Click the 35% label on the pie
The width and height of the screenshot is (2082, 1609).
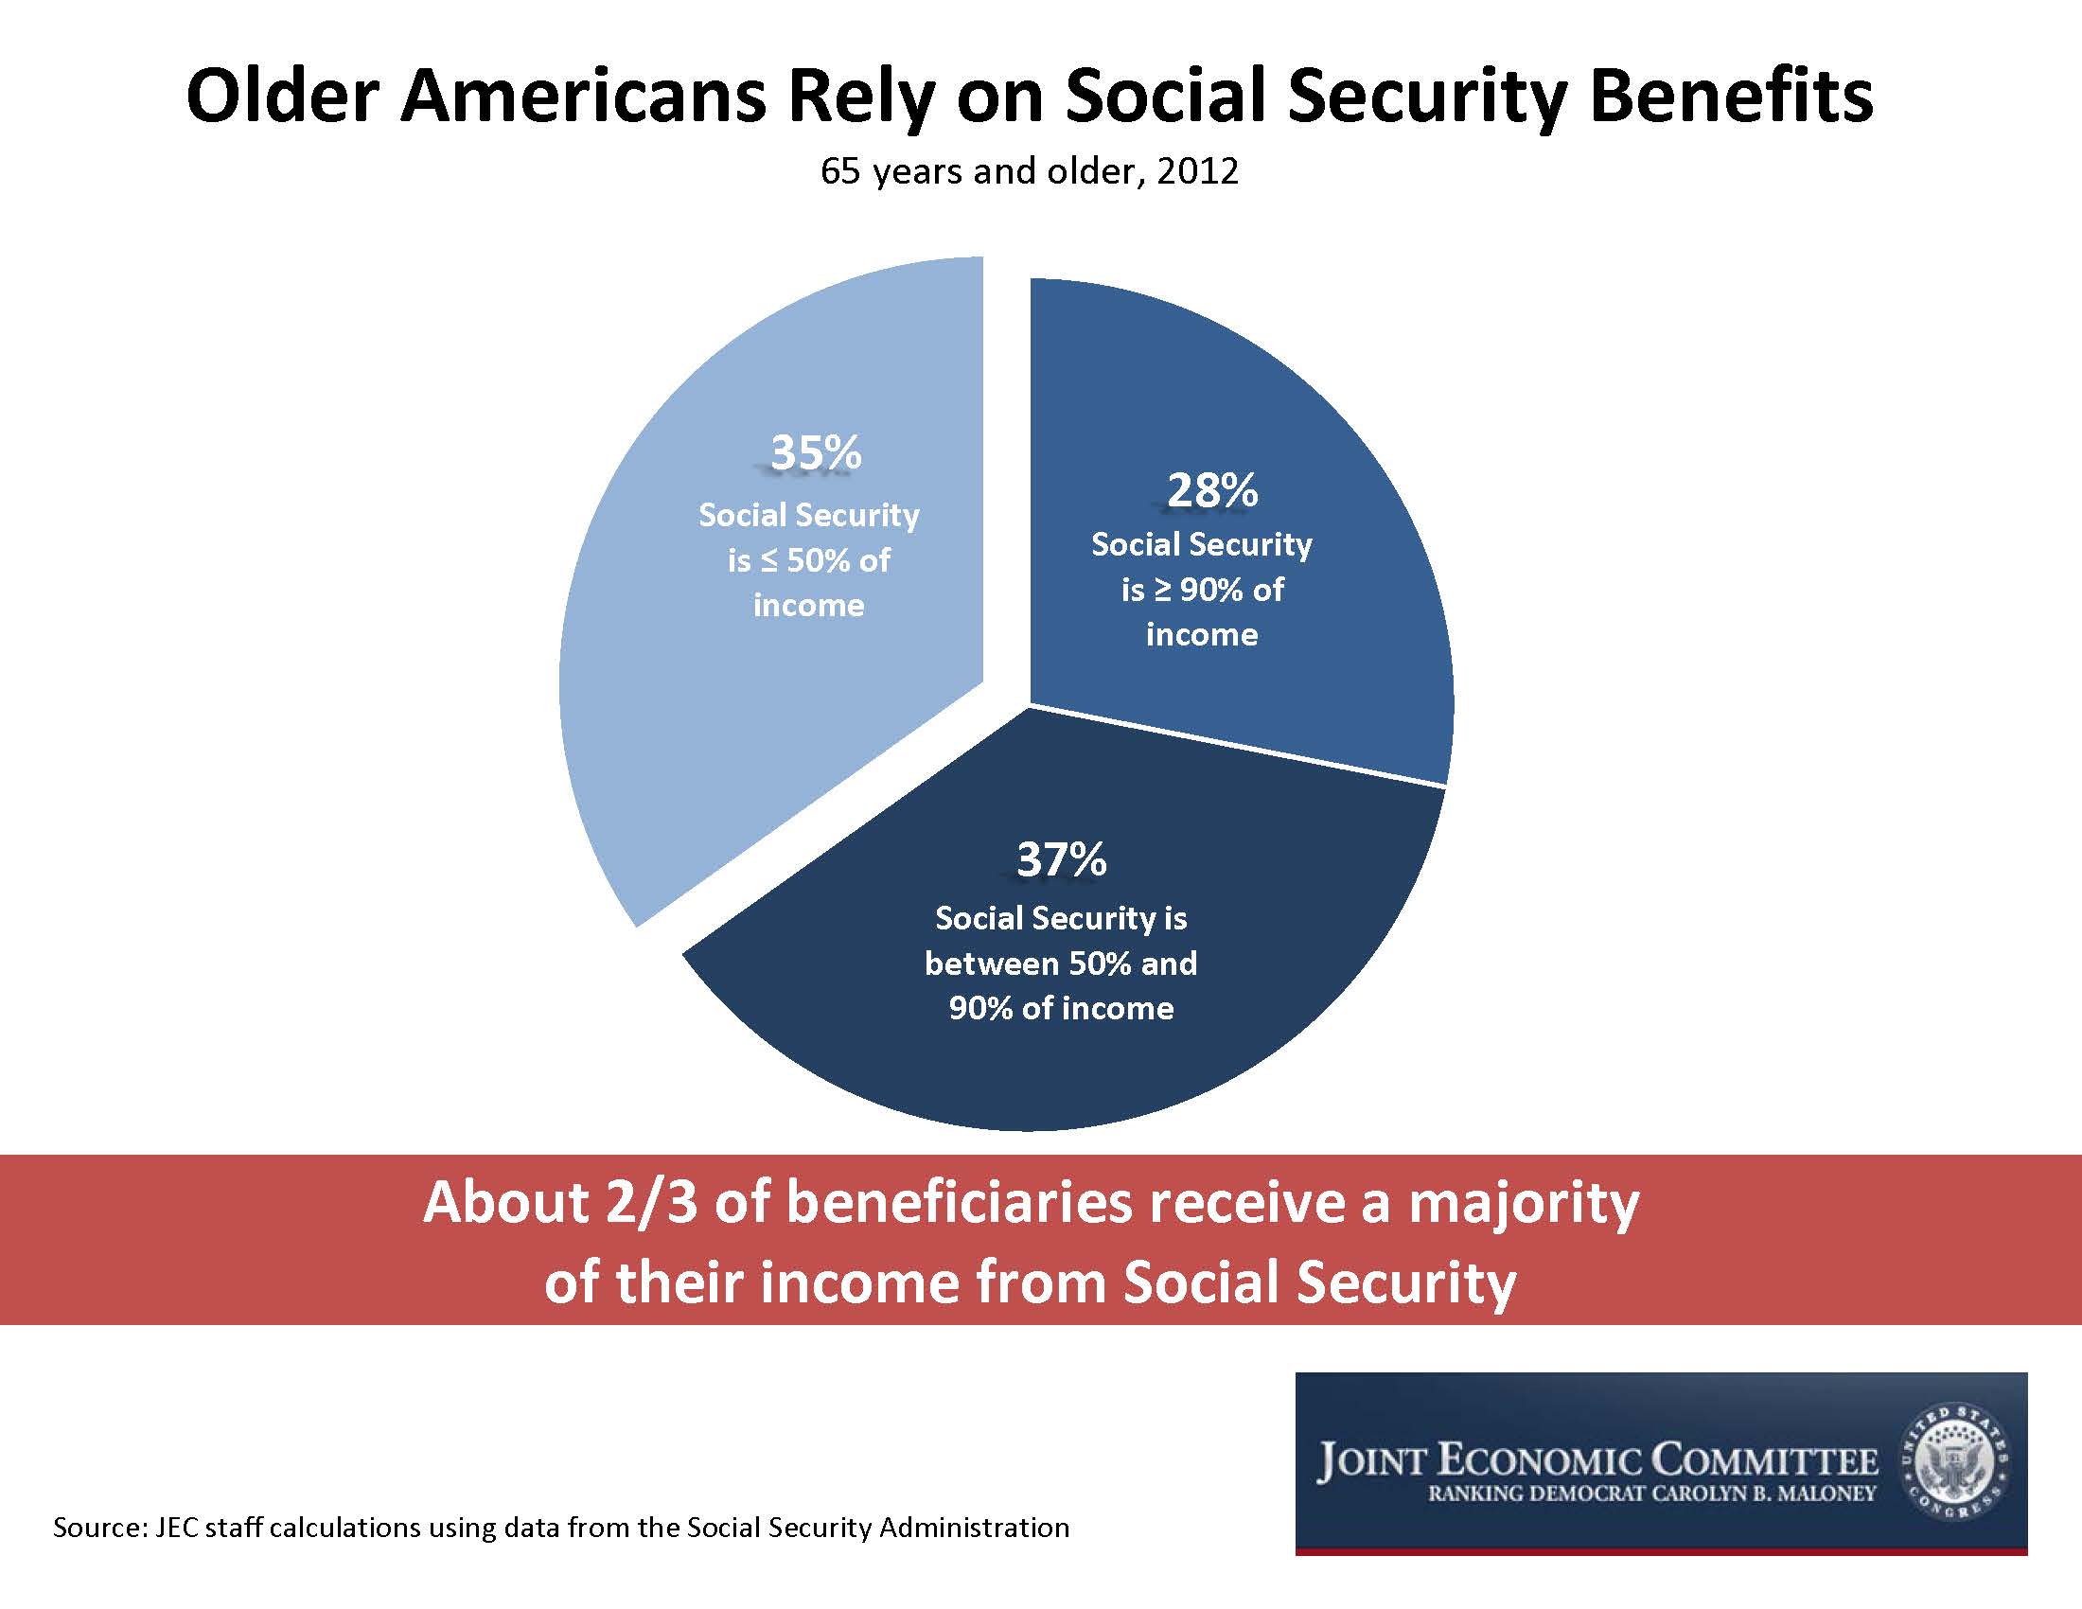[815, 451]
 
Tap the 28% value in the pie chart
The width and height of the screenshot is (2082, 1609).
[1211, 490]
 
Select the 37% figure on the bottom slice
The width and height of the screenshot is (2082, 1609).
[1061, 858]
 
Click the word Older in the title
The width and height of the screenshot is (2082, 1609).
[282, 97]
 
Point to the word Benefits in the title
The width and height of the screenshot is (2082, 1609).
[1731, 97]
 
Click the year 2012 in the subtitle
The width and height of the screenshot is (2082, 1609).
[1197, 171]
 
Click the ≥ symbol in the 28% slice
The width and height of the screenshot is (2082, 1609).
[1162, 590]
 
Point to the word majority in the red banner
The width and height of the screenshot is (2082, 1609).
[1523, 1205]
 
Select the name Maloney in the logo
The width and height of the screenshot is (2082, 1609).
[1825, 1494]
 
